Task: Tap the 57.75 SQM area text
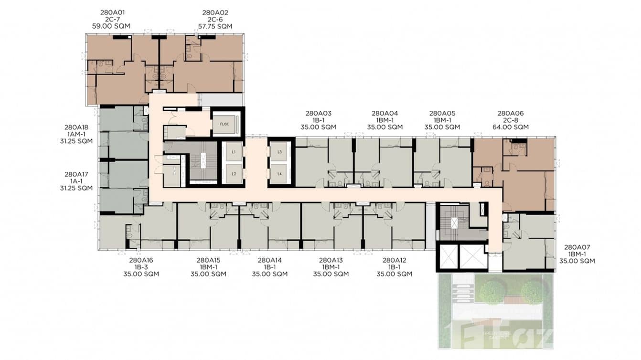pyautogui.click(x=215, y=26)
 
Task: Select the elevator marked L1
pyautogui.click(x=234, y=151)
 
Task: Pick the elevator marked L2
pyautogui.click(x=234, y=174)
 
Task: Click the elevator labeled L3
pyautogui.click(x=279, y=151)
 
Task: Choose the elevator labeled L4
pyautogui.click(x=279, y=174)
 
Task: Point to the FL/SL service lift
pyautogui.click(x=224, y=124)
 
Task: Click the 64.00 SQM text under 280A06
pyautogui.click(x=511, y=127)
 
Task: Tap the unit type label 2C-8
pyautogui.click(x=511, y=120)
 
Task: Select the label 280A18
pyautogui.click(x=76, y=127)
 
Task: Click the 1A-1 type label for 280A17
pyautogui.click(x=76, y=181)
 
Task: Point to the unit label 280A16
pyautogui.click(x=141, y=260)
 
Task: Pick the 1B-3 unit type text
pyautogui.click(x=141, y=267)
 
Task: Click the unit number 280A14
pyautogui.click(x=269, y=260)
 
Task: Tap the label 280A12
pyautogui.click(x=394, y=260)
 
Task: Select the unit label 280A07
pyautogui.click(x=577, y=247)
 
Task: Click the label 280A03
pyautogui.click(x=318, y=113)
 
